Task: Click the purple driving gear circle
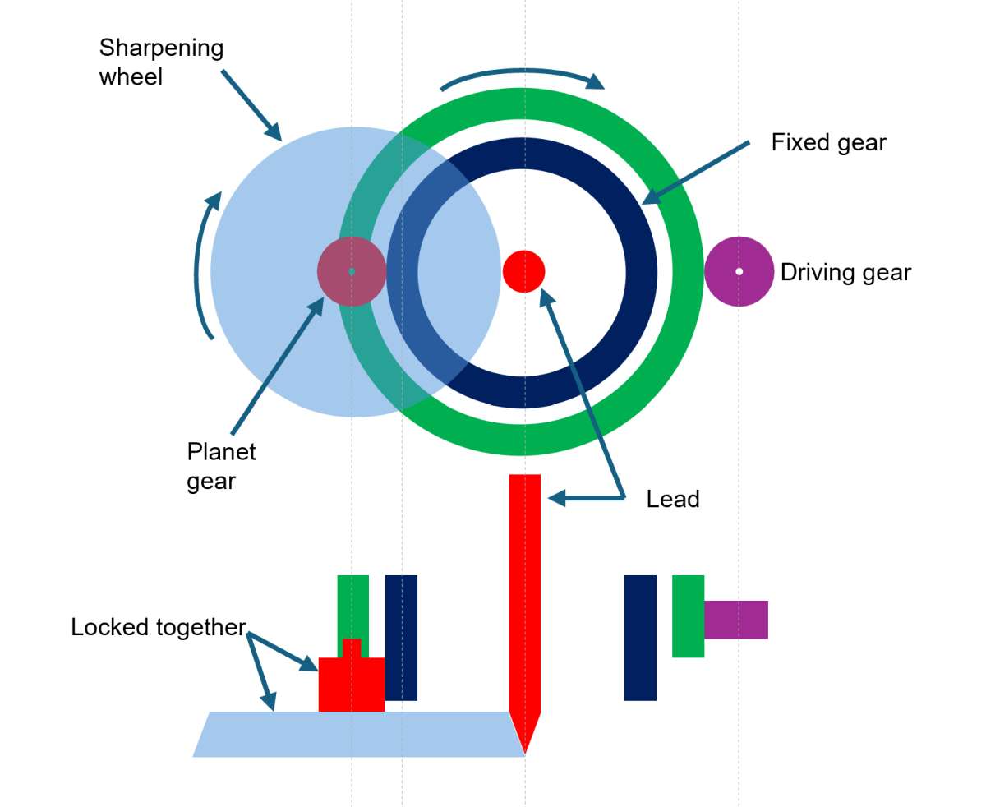(x=739, y=272)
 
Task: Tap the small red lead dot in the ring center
(x=523, y=271)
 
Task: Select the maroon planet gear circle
(x=352, y=272)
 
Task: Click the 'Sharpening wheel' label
(x=161, y=62)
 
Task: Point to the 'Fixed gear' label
(x=828, y=143)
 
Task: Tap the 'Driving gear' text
(x=845, y=273)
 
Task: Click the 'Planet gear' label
(x=221, y=466)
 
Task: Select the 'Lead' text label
(x=673, y=499)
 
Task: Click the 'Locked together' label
(x=158, y=628)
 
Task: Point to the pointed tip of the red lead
(x=525, y=754)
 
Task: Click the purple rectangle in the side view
(x=736, y=620)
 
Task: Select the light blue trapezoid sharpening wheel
(x=358, y=734)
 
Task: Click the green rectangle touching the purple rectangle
(x=689, y=616)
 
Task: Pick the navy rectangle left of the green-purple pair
(x=641, y=638)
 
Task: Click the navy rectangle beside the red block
(x=401, y=638)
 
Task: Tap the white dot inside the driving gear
(x=739, y=272)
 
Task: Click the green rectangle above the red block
(x=353, y=606)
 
